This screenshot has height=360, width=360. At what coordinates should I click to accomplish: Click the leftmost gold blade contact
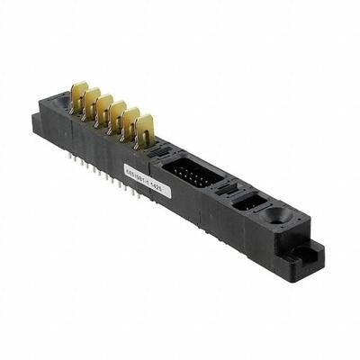click(x=79, y=94)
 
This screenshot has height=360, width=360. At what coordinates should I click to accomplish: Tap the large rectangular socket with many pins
click(x=188, y=172)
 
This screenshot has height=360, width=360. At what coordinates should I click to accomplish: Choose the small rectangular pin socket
click(x=246, y=202)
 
